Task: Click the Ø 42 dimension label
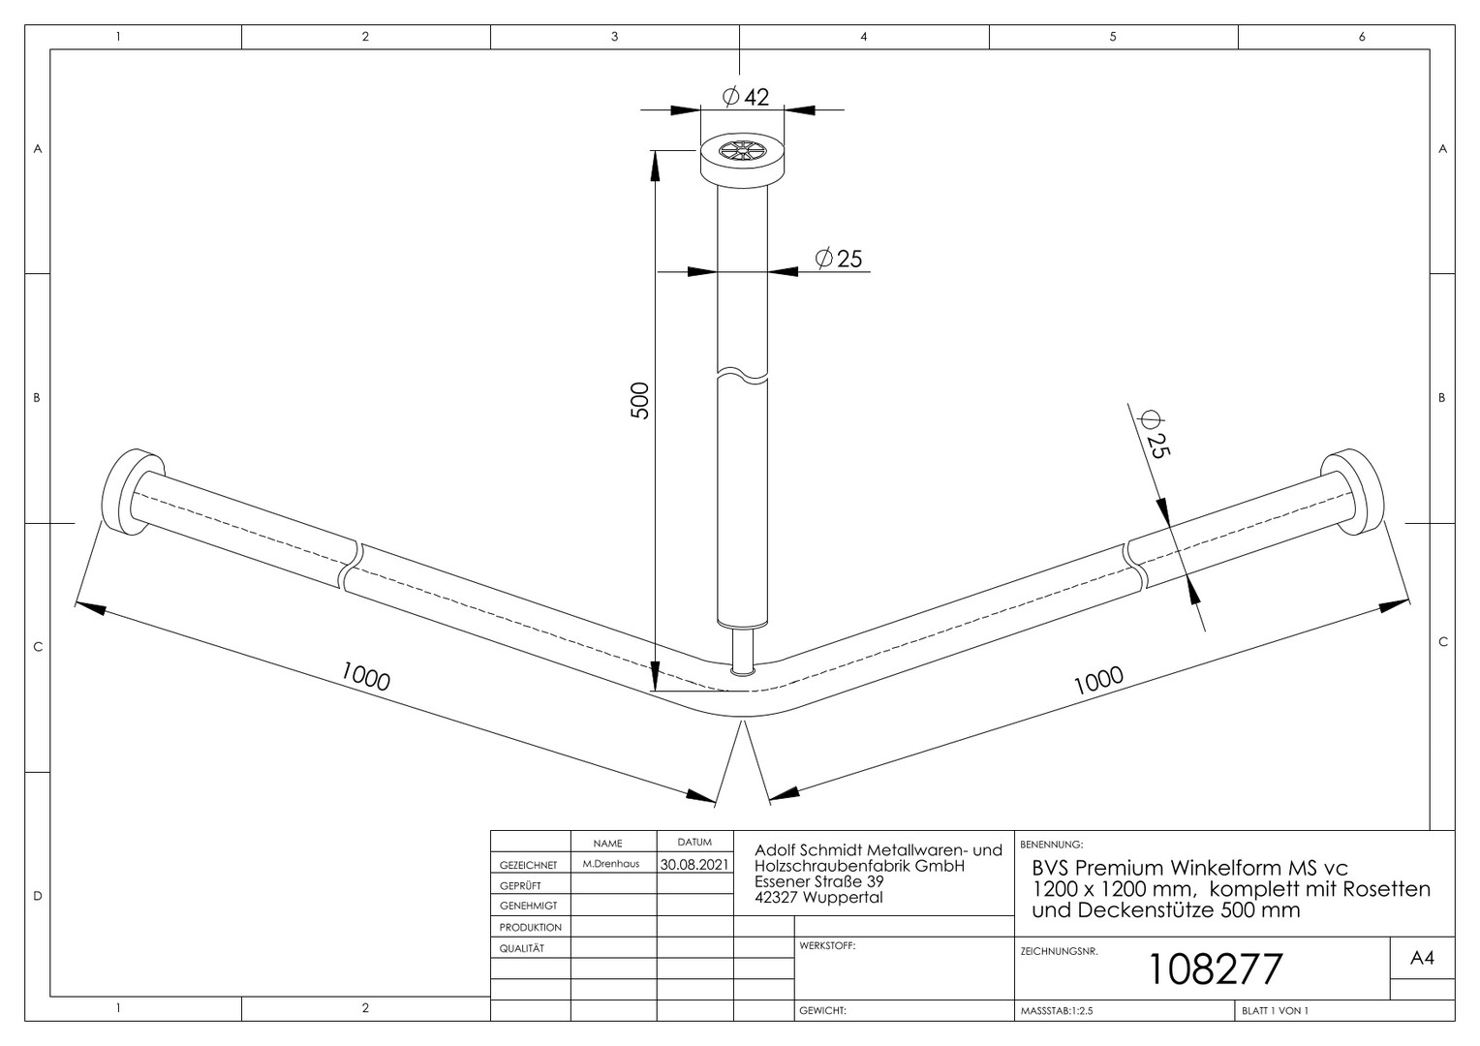point(746,97)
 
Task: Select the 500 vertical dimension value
point(639,400)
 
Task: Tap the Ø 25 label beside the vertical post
point(839,259)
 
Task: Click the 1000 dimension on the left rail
point(365,677)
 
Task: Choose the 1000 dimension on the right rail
point(1098,681)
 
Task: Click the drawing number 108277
point(1216,969)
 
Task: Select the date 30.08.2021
point(694,864)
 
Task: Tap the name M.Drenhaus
point(611,864)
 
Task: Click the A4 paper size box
point(1422,958)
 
